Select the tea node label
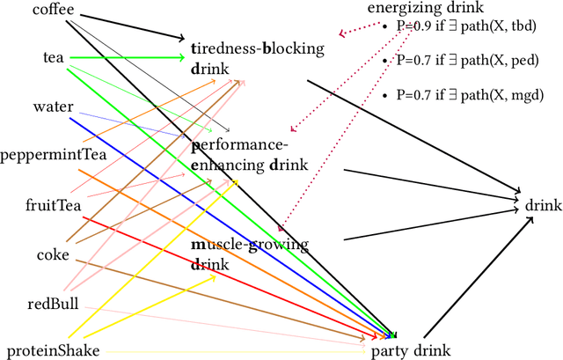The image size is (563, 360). [x=54, y=57]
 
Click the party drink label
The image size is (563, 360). [x=411, y=350]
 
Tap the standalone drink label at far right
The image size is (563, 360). [x=543, y=205]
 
